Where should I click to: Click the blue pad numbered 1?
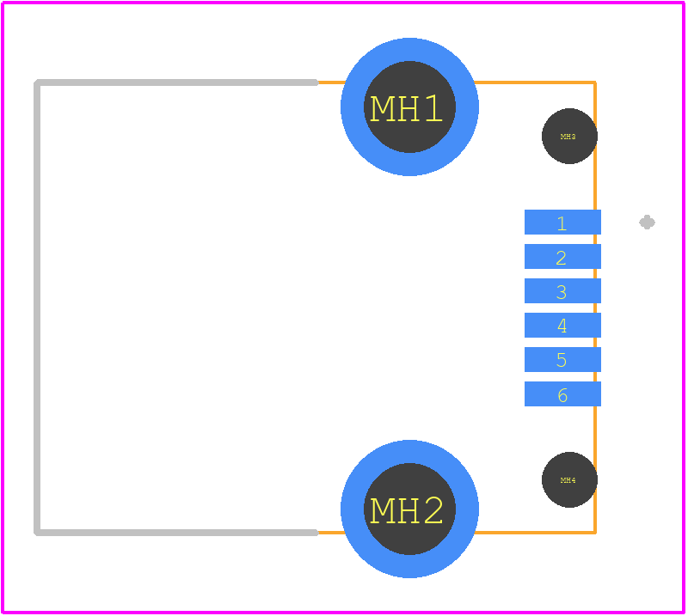(x=562, y=222)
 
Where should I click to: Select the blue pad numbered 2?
(x=562, y=257)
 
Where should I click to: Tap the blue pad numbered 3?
(x=562, y=290)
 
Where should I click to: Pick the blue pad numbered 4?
(x=562, y=325)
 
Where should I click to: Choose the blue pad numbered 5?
(x=562, y=359)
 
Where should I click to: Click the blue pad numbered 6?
(x=562, y=393)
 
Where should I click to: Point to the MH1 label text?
(x=406, y=108)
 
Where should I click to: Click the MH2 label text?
(x=406, y=510)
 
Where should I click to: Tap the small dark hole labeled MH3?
(x=569, y=136)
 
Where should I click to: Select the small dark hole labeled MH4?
(x=569, y=479)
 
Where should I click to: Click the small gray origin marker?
(x=648, y=223)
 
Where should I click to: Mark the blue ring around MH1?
(x=353, y=107)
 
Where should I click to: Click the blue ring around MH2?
(x=353, y=509)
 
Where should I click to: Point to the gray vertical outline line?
(x=37, y=308)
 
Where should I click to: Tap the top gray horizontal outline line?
(x=176, y=82)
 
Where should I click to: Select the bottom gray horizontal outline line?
(x=176, y=533)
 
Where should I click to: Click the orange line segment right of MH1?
(x=535, y=82)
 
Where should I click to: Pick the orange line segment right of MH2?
(x=535, y=533)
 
